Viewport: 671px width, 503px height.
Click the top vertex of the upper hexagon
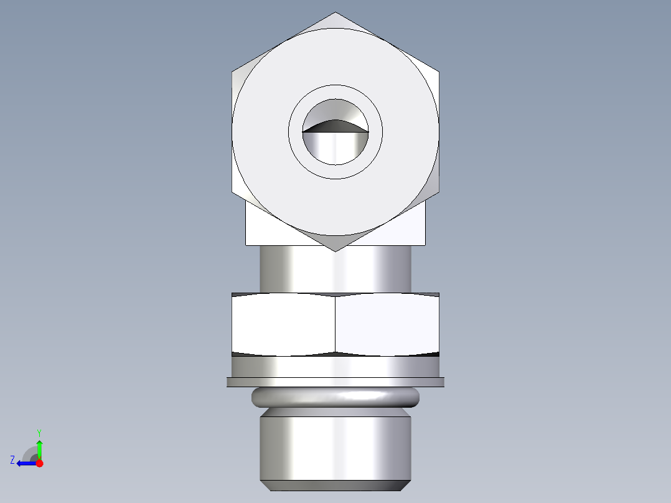pyautogui.click(x=335, y=13)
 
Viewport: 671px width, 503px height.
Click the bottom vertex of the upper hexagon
pyautogui.click(x=335, y=251)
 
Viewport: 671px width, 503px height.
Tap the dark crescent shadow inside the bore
pyautogui.click(x=335, y=126)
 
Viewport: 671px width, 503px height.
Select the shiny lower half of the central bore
pyautogui.click(x=335, y=149)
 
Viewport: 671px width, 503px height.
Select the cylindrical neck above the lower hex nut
pyautogui.click(x=335, y=269)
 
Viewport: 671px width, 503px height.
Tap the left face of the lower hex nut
pyautogui.click(x=283, y=324)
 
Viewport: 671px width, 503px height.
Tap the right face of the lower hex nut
pyautogui.click(x=387, y=324)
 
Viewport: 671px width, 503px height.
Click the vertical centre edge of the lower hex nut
pyautogui.click(x=335, y=324)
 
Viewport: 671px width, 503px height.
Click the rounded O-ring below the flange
pyautogui.click(x=335, y=397)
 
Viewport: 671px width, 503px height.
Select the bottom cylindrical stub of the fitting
pyautogui.click(x=335, y=448)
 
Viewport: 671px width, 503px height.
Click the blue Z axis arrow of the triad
pyautogui.click(x=24, y=463)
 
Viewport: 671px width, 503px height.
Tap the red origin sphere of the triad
pyautogui.click(x=39, y=463)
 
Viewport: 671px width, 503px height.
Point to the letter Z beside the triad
pyautogui.click(x=12, y=460)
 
